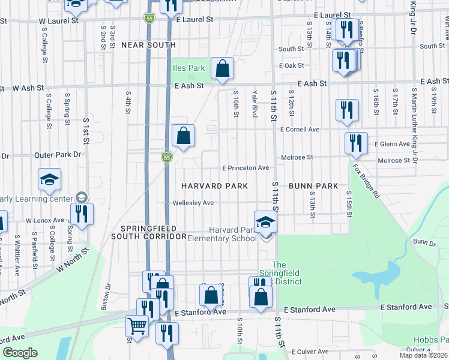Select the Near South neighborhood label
[x=148, y=45]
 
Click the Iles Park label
[x=189, y=68]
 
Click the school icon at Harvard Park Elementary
[x=265, y=222]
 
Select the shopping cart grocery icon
[x=137, y=326]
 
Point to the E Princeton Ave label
[x=246, y=168]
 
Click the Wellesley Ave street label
[x=193, y=203]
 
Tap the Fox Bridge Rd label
[x=366, y=182]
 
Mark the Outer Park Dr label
[x=58, y=155]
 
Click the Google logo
[x=20, y=353]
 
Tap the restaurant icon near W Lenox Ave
[x=82, y=213]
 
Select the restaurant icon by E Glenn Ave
[x=355, y=143]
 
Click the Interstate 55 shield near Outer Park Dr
[x=167, y=158]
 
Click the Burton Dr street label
[x=109, y=293]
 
